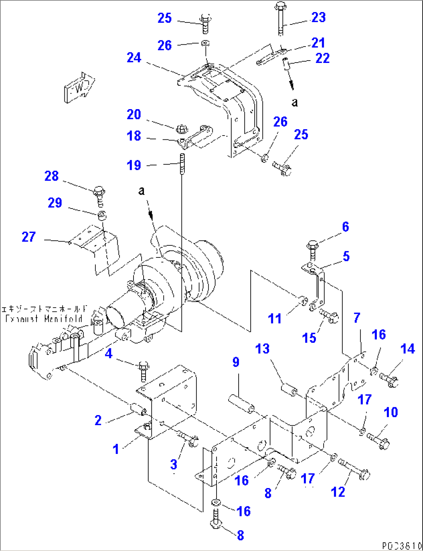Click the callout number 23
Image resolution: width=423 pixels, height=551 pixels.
tap(318, 17)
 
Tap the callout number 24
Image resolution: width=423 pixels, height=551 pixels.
tap(134, 58)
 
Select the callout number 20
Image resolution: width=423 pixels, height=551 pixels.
tap(134, 115)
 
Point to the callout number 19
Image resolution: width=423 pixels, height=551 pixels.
tap(134, 165)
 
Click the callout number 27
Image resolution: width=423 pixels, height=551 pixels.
tap(29, 237)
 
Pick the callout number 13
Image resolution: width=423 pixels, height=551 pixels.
tap(262, 349)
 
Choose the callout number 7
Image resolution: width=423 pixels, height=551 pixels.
tap(357, 318)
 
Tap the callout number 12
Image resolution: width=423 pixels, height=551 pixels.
tap(338, 492)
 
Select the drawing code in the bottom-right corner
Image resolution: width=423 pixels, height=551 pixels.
tap(401, 546)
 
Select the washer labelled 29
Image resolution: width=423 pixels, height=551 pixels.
tap(102, 215)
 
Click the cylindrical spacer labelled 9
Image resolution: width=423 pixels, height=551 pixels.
tap(241, 404)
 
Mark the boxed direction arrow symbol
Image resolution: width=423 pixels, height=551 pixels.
tap(80, 87)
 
